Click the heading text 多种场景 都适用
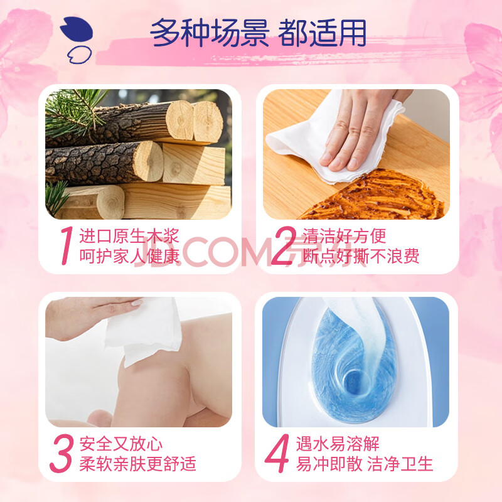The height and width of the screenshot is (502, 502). [258, 33]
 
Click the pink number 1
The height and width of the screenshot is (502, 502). [67, 245]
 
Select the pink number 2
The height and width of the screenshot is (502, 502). [284, 245]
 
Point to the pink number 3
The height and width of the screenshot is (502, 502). [61, 453]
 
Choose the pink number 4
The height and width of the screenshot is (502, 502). [277, 453]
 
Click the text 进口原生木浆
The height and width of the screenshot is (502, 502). [129, 237]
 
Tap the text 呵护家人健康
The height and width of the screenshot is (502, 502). [129, 256]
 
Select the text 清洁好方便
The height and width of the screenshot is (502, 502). [344, 237]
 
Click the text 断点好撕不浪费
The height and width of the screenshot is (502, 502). [361, 256]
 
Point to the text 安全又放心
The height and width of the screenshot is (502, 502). [121, 444]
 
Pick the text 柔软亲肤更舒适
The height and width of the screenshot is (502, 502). [137, 464]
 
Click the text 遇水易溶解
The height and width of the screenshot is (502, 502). [338, 444]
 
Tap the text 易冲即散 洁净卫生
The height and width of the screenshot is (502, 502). [365, 463]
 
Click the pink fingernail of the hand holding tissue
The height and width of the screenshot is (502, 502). [136, 302]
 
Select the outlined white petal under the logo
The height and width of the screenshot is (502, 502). [80, 55]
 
